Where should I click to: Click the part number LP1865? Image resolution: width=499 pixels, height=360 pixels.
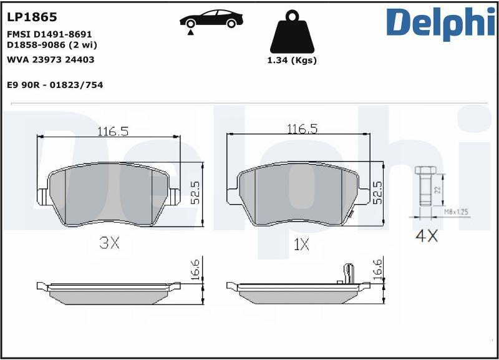click(x=32, y=17)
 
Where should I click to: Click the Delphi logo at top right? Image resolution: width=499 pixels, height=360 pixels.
click(x=441, y=23)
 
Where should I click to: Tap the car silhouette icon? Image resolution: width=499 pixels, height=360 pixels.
click(x=211, y=19)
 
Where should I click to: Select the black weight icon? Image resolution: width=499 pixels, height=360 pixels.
click(x=292, y=32)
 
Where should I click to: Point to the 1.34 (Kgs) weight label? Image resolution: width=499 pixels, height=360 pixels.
click(x=292, y=60)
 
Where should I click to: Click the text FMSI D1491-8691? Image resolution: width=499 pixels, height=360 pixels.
click(x=49, y=34)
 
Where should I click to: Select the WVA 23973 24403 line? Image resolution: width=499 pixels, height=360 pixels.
click(x=51, y=59)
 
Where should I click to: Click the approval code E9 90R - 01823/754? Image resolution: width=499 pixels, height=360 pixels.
click(x=55, y=85)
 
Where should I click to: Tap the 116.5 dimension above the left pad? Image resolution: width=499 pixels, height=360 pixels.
click(x=113, y=131)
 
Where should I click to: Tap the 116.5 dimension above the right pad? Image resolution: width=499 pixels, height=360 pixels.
click(x=303, y=129)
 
